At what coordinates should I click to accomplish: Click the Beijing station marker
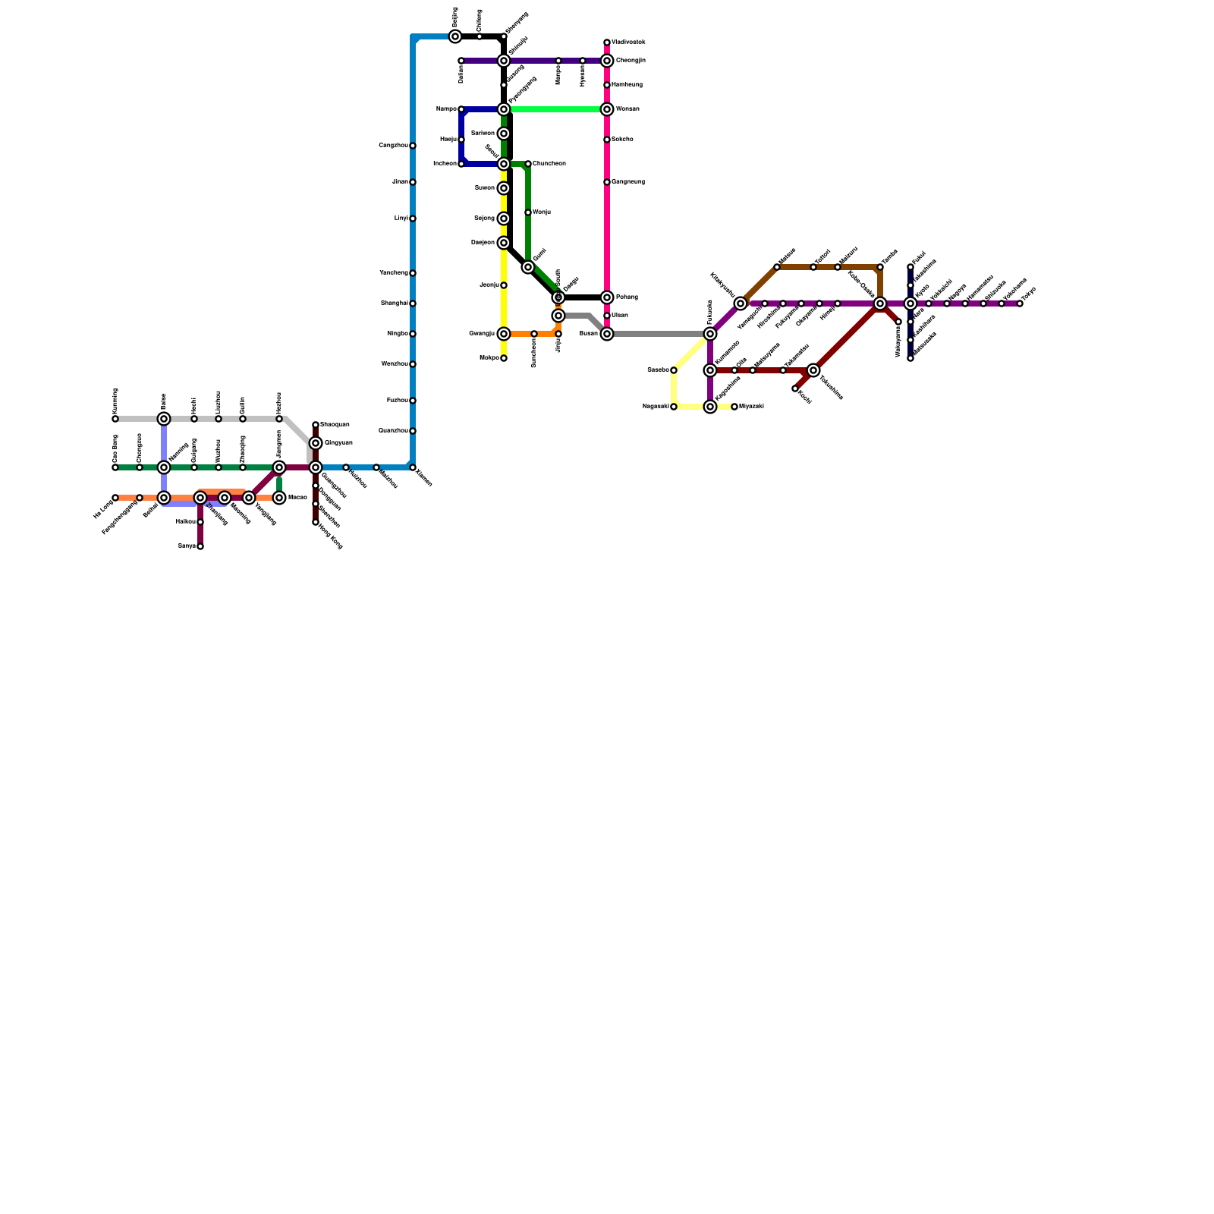point(455,36)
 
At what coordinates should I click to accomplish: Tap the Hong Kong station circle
point(316,522)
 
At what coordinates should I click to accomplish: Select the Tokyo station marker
point(1020,303)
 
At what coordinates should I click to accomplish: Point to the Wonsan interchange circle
point(607,109)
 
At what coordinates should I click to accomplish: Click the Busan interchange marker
point(607,334)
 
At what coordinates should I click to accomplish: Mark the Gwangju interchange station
point(504,334)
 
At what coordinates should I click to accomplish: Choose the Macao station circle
point(279,498)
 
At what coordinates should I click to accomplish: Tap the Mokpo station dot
point(504,358)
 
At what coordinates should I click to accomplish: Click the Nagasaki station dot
point(674,407)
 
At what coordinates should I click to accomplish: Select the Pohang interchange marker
point(607,297)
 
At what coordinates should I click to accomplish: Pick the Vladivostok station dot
point(607,42)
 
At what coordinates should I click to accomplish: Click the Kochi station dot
point(795,388)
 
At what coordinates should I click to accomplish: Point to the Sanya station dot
point(200,546)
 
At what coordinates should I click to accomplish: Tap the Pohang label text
point(627,297)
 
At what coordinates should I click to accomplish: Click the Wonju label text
point(542,212)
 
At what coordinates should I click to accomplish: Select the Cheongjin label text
point(631,61)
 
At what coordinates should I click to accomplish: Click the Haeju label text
point(448,140)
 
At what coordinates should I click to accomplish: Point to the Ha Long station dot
point(115,498)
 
